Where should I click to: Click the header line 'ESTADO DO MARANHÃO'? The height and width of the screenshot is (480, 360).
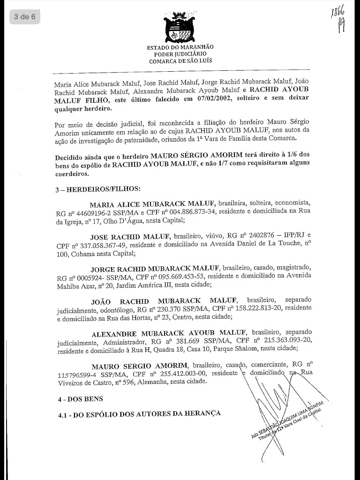coord(180,47)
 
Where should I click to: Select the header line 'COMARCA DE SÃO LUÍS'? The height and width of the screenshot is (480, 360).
coord(180,61)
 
